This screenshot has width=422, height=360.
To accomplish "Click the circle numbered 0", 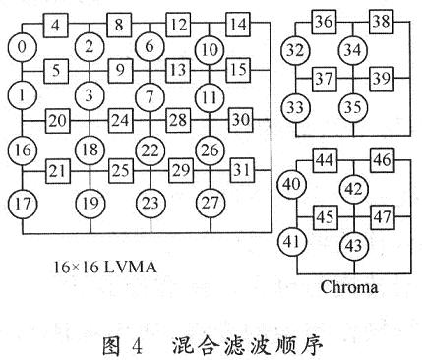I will point(22,46).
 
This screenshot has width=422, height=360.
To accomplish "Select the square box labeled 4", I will point(59,23).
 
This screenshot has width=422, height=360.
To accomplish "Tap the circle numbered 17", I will point(22,205).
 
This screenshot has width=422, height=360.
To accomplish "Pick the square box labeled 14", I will point(238,23).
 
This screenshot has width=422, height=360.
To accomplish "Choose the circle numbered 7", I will point(151,97).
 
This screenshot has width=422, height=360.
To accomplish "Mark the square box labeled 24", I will point(120,120).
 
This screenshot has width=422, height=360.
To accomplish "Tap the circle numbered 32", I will point(294,49).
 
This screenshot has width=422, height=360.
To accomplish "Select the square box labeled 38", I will point(382,22).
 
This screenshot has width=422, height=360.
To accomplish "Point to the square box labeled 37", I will point(324,77).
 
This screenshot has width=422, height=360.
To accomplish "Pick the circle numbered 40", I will point(292,185).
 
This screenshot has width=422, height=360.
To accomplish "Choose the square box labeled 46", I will point(382,157).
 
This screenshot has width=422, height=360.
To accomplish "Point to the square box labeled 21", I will point(59,171).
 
